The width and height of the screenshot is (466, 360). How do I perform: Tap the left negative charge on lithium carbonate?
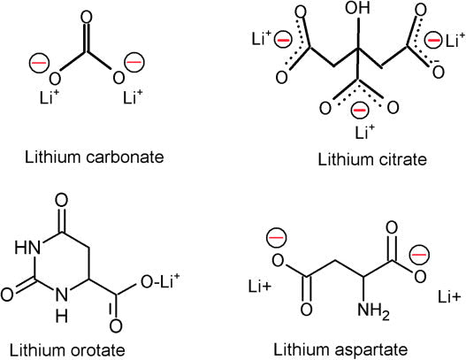tap(39, 63)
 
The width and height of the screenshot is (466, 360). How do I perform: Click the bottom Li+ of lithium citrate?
tap(363, 133)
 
